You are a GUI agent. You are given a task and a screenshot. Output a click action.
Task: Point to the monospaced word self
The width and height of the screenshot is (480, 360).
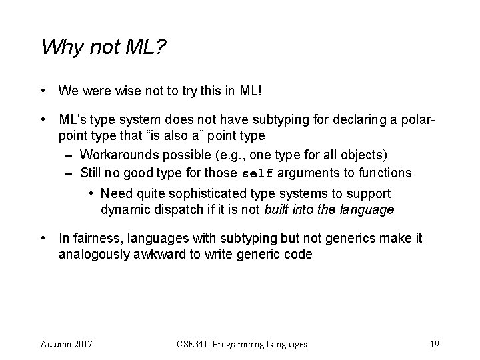pos(257,173)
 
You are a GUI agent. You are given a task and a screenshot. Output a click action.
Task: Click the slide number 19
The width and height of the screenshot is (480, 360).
pos(434,344)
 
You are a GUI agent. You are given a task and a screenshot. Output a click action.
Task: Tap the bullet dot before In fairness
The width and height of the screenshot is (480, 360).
pos(43,238)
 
